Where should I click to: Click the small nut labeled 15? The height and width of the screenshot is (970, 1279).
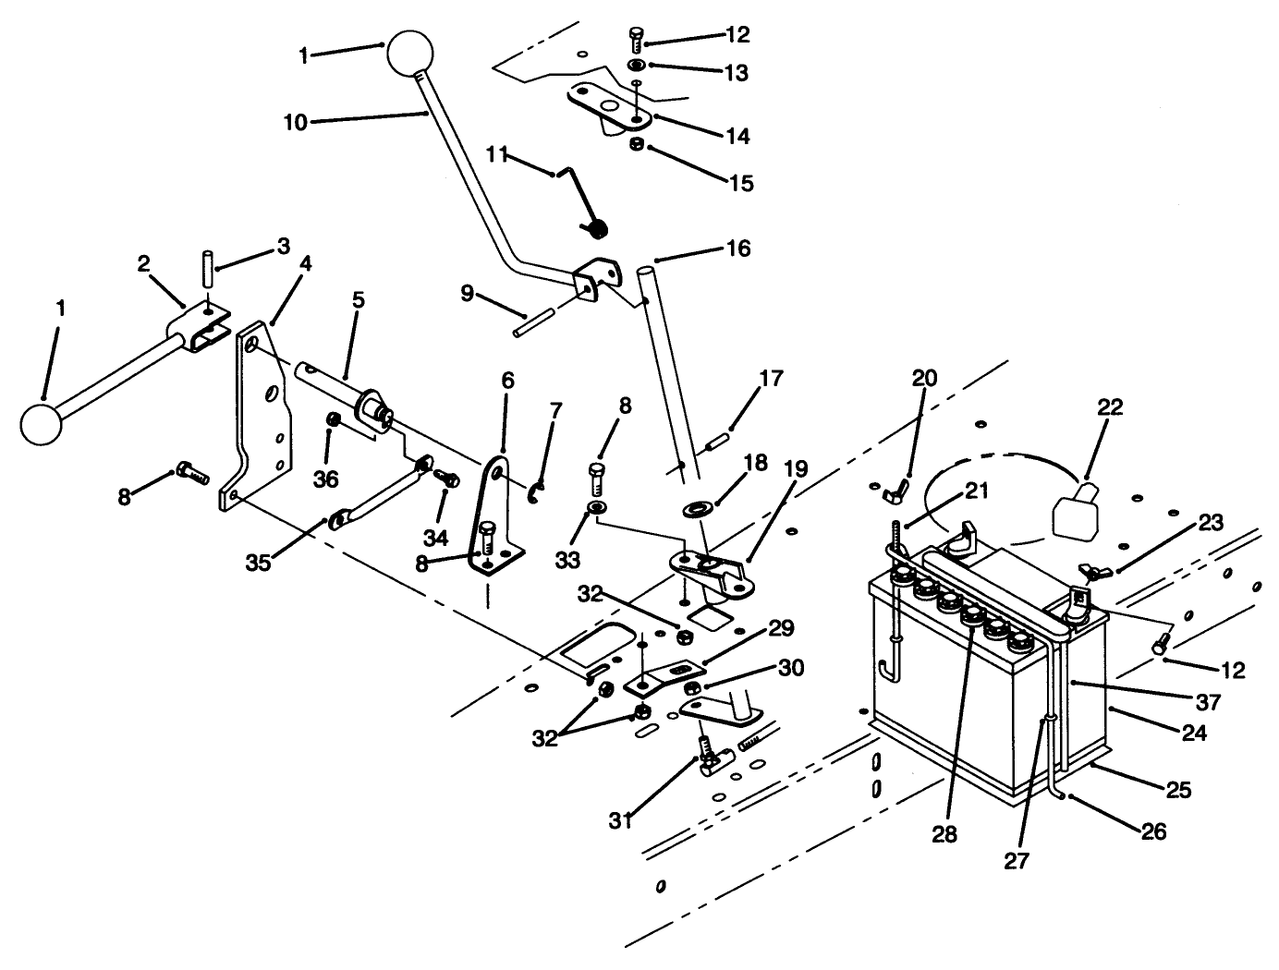point(636,144)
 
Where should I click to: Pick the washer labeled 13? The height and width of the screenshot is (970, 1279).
point(636,67)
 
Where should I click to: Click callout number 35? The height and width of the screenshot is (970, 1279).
point(259,562)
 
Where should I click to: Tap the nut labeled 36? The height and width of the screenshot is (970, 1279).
point(333,421)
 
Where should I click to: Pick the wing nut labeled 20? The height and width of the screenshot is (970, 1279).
point(895,488)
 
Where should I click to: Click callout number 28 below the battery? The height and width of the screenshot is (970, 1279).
point(944,833)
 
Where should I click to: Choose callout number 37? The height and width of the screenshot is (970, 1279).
point(1207,702)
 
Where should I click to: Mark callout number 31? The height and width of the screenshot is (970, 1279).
point(621,818)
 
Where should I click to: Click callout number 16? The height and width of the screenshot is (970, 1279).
point(738,249)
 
